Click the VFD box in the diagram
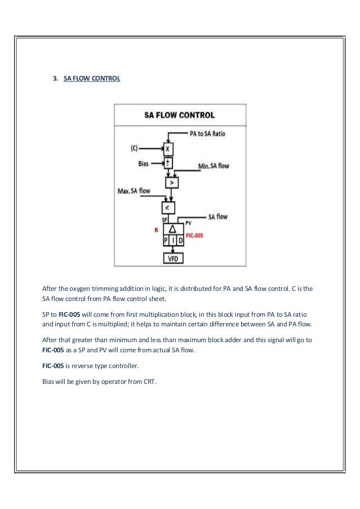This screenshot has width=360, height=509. [x=172, y=259]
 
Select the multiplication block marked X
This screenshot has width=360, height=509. [x=167, y=149]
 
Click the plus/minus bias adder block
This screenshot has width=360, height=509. [x=167, y=162]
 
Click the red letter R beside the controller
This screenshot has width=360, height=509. [x=156, y=230]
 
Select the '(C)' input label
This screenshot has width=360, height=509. [x=134, y=149]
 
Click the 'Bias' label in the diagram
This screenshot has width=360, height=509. [x=144, y=163]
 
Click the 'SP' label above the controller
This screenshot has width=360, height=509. [x=165, y=220]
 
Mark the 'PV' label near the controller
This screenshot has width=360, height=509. [x=188, y=223]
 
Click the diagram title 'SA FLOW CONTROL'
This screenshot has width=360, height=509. [x=179, y=115]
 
